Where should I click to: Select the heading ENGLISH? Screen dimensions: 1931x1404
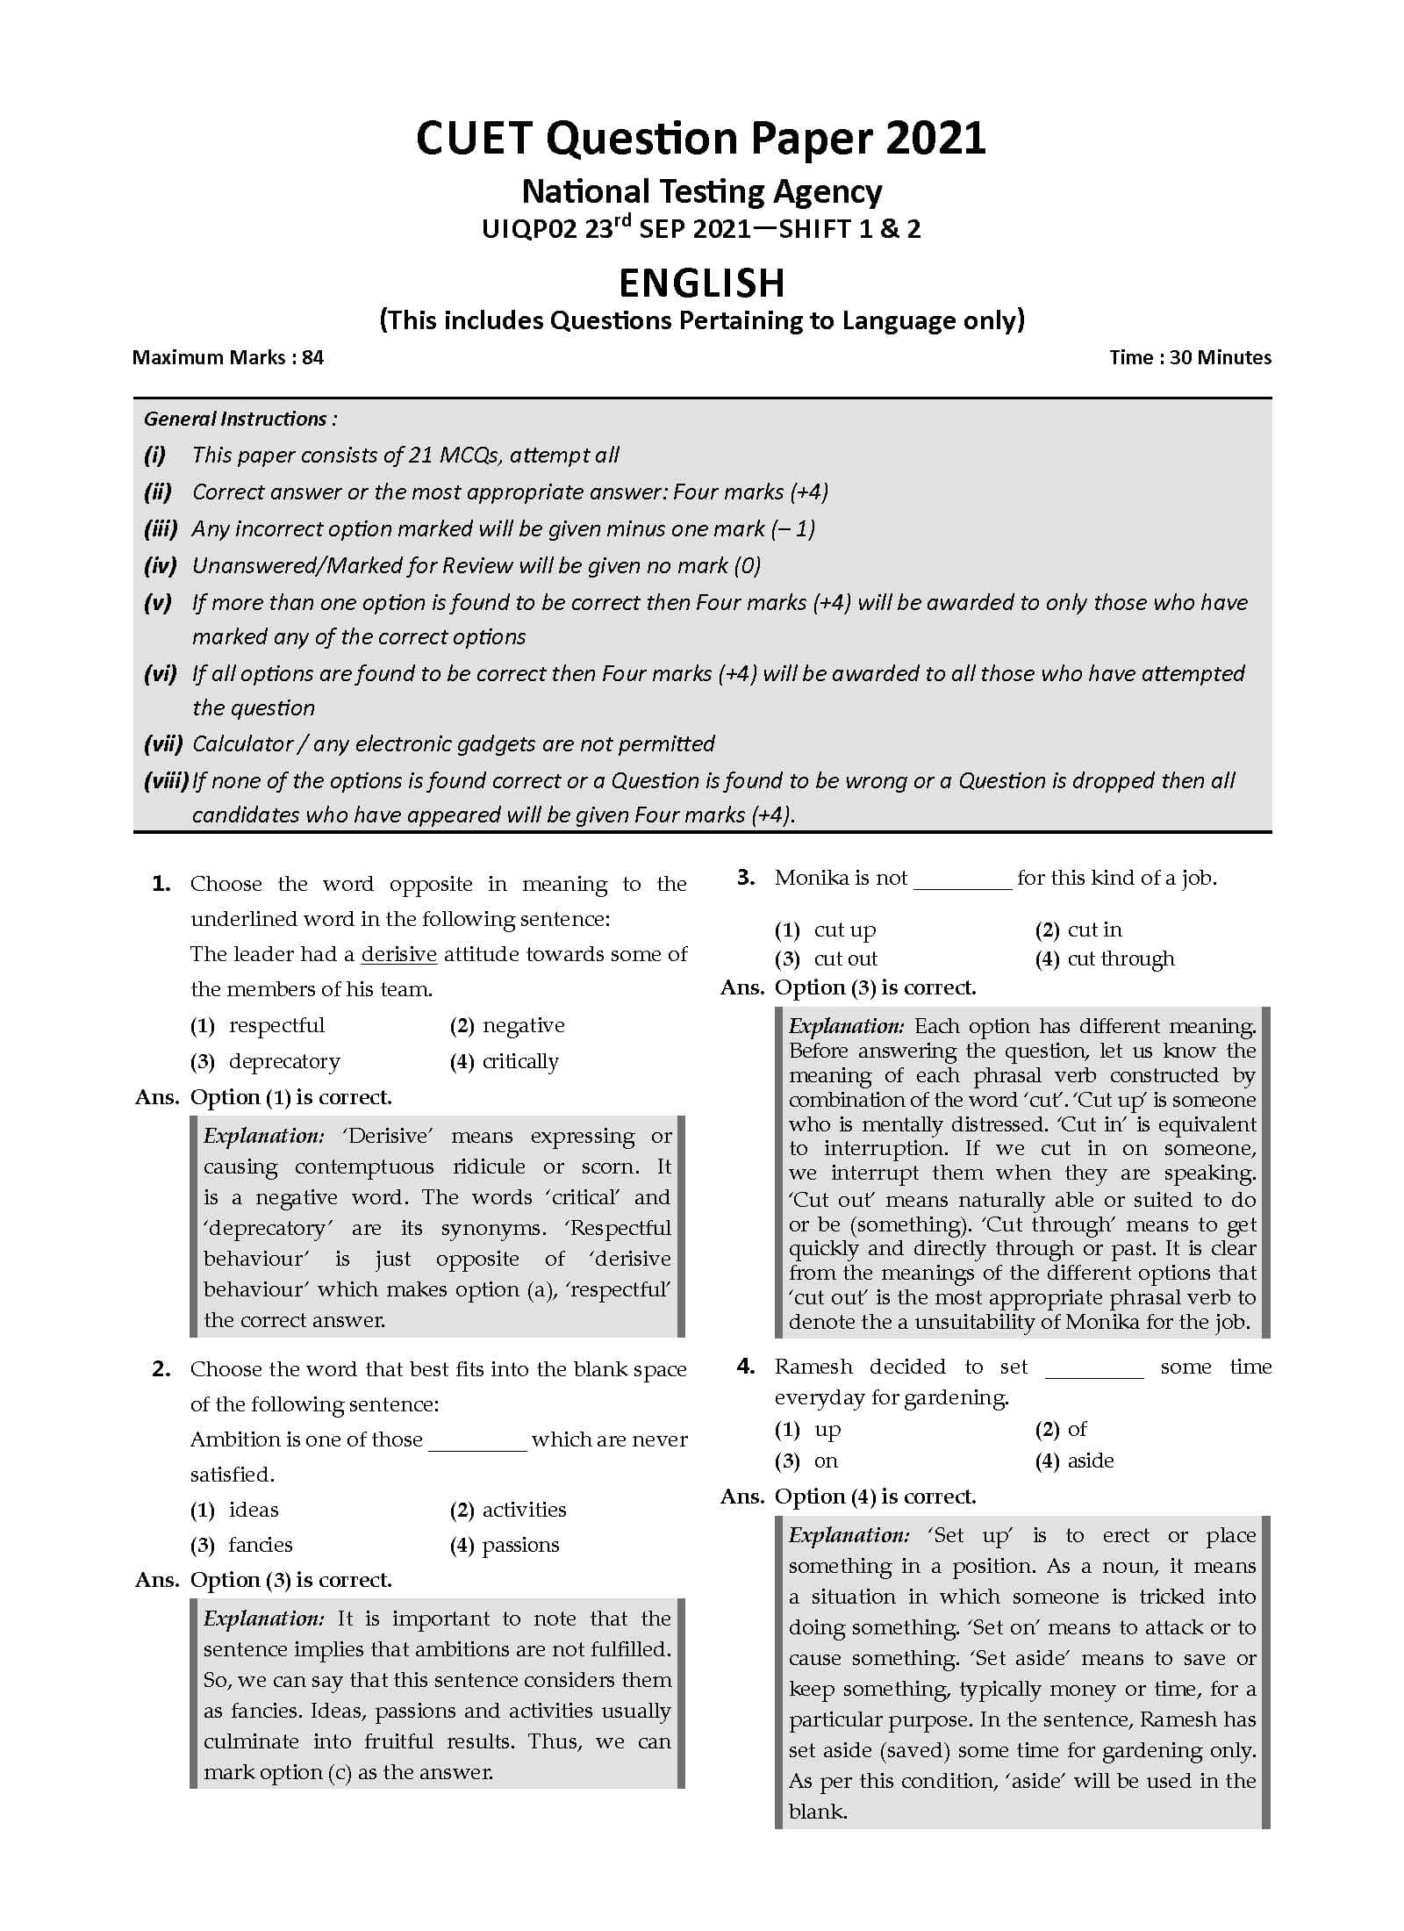(x=701, y=284)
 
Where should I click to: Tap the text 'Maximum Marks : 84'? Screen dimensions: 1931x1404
(x=227, y=357)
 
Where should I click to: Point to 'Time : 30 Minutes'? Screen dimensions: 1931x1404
(x=1189, y=357)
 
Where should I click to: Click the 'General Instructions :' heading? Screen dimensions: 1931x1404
(x=240, y=419)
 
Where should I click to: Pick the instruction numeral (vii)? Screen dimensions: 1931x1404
(x=162, y=743)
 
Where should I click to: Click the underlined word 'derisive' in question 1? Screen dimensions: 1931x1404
(x=398, y=954)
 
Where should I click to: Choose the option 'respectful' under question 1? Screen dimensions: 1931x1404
(x=276, y=1025)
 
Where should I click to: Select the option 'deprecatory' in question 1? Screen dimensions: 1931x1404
(x=283, y=1061)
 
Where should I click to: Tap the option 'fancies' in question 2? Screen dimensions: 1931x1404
(x=260, y=1544)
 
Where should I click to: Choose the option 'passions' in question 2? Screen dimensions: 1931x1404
(x=520, y=1544)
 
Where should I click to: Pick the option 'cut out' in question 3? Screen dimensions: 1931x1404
(x=845, y=958)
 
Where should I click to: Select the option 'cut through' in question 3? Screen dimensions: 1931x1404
(x=1120, y=958)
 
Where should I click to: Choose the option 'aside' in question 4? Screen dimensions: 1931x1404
(x=1090, y=1461)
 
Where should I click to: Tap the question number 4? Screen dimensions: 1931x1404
(x=745, y=1367)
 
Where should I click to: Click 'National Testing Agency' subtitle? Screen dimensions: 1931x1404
(x=701, y=191)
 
